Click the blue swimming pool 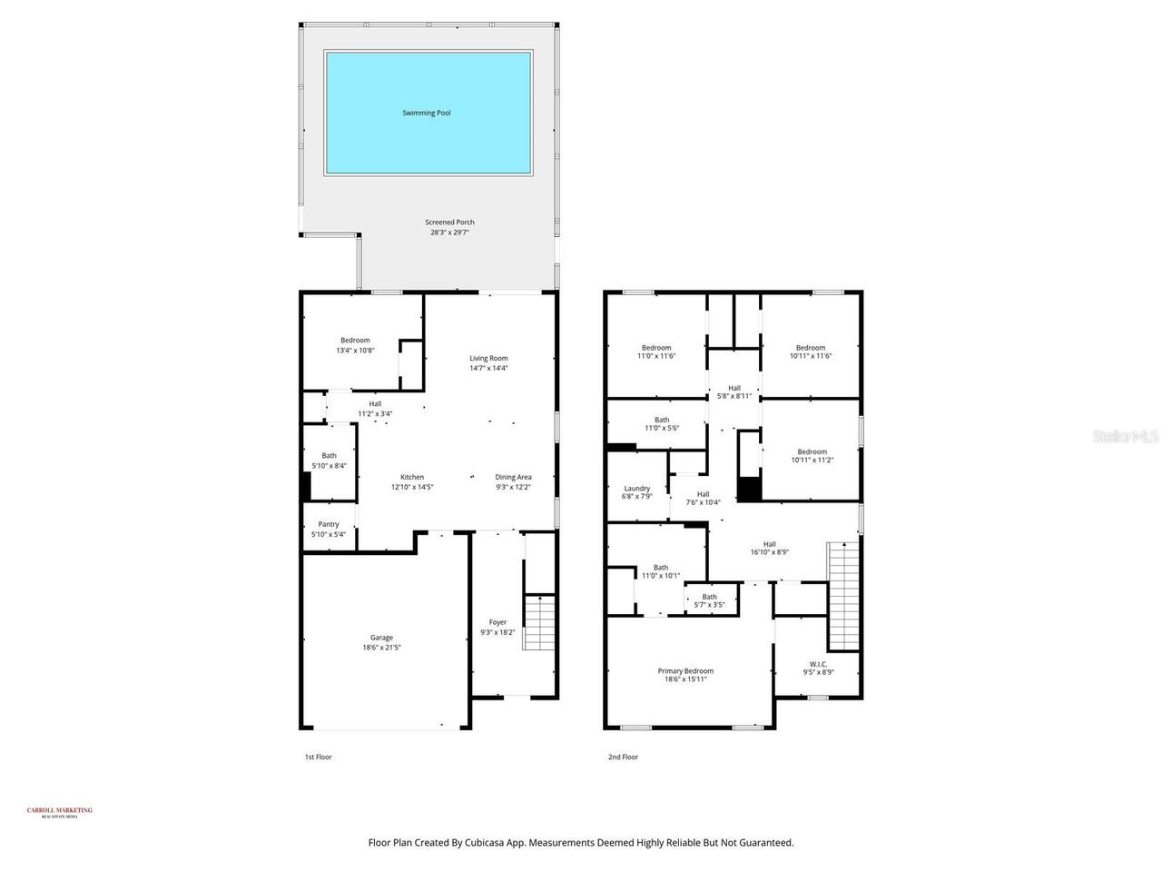(428, 114)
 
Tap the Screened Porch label (449, 222)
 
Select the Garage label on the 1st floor (381, 638)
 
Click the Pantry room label (328, 524)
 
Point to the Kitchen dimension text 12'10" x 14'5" (411, 487)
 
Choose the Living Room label (488, 358)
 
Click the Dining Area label (513, 477)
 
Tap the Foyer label (497, 622)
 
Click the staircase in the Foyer (538, 622)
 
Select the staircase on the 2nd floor (843, 595)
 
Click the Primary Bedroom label (685, 671)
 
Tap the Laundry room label (636, 488)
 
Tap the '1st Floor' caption (318, 757)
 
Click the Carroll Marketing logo (60, 812)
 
